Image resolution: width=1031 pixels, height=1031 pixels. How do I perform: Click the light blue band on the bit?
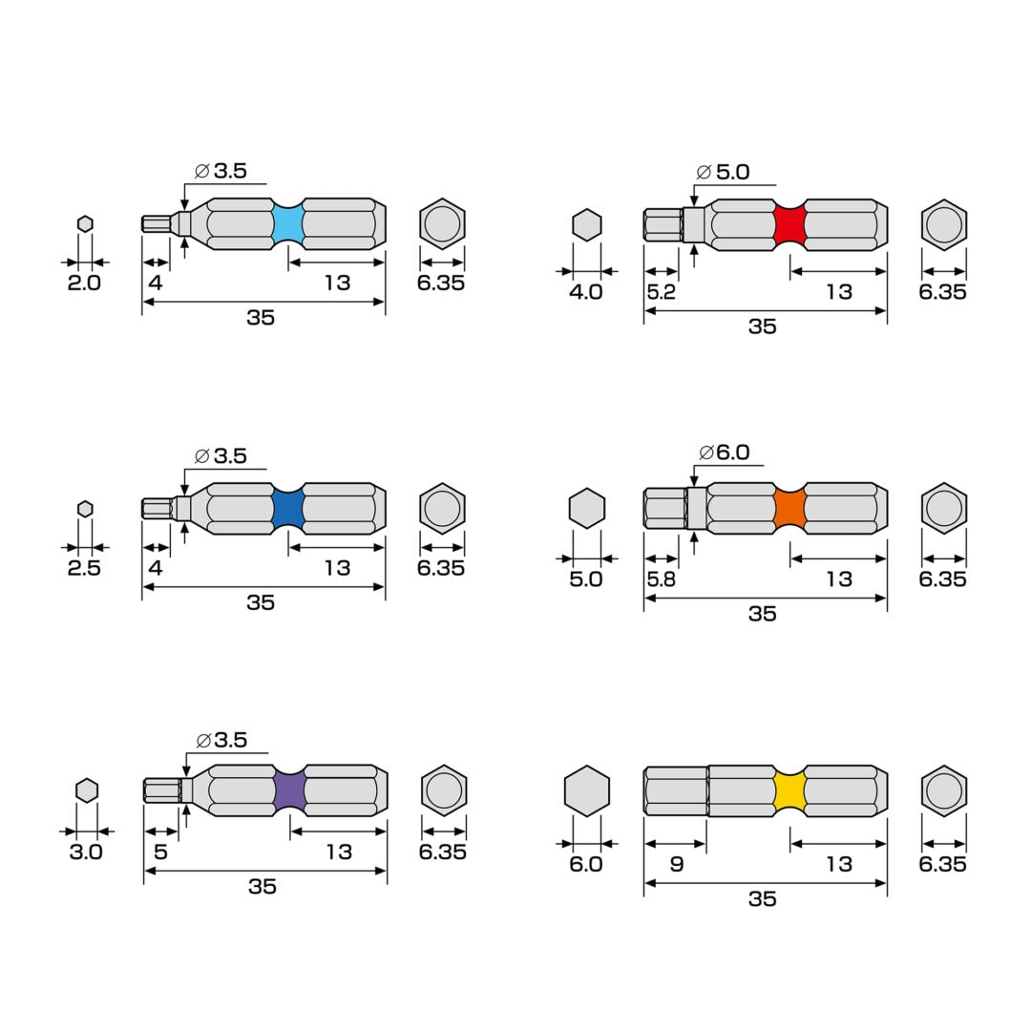click(x=287, y=224)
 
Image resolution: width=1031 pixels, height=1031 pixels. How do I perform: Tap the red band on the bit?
click(x=789, y=225)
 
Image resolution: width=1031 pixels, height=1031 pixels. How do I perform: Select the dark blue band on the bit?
click(x=287, y=509)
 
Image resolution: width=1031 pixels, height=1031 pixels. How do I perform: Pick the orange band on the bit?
click(x=789, y=509)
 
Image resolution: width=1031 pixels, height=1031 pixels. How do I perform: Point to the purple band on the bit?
click(x=289, y=791)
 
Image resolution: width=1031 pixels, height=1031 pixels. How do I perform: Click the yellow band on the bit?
click(x=789, y=791)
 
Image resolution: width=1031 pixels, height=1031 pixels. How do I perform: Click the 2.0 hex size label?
click(x=84, y=284)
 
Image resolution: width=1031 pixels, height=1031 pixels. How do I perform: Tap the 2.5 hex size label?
click(x=84, y=568)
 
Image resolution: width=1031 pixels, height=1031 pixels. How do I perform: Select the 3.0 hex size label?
click(x=86, y=852)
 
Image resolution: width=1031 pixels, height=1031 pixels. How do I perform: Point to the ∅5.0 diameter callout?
click(x=724, y=172)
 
